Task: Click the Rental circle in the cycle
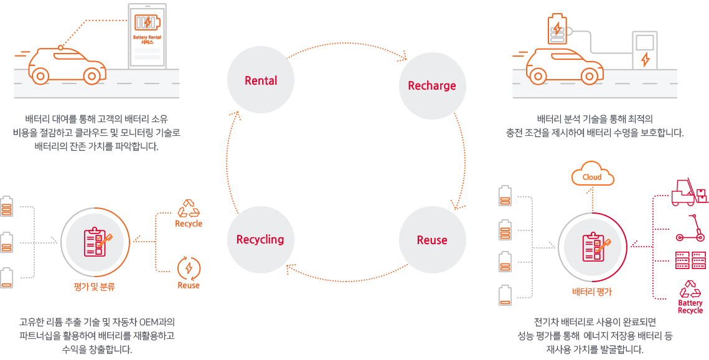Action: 261,80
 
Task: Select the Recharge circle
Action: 432,85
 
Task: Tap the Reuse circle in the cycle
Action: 432,240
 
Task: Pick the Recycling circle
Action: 260,240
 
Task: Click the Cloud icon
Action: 592,176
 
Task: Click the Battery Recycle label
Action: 690,306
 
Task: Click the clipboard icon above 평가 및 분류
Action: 98,242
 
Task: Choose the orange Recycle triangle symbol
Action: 189,208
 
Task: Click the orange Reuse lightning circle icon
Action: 189,267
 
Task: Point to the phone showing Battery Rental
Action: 147,36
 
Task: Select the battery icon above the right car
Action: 556,30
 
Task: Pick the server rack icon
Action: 690,260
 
